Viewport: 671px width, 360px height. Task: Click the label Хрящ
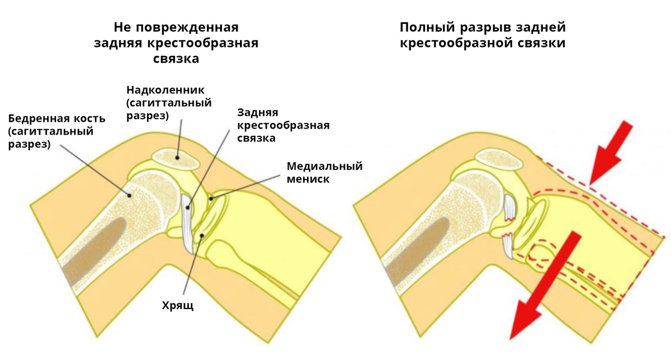[x=177, y=306]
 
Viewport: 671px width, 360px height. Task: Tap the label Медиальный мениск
[x=324, y=173]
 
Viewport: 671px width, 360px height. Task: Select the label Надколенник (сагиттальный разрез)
[x=168, y=103]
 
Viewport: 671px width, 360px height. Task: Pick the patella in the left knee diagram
[x=176, y=158]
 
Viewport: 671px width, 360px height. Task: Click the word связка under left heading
[x=176, y=59]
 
